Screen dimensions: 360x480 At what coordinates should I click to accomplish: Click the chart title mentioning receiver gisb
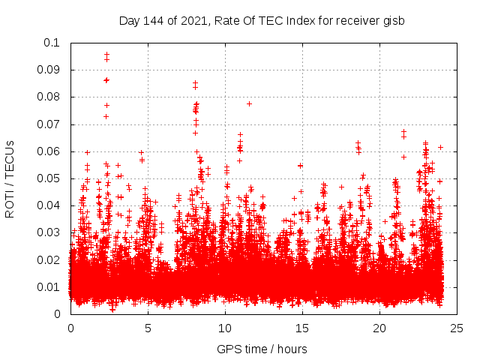262,20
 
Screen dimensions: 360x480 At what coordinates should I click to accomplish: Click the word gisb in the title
392,20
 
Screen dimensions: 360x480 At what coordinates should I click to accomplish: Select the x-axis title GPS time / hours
262,349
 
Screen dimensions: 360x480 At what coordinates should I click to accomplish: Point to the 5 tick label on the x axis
148,328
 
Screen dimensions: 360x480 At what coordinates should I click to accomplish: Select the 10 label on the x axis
225,328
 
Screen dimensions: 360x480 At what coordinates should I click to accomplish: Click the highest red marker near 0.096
106,54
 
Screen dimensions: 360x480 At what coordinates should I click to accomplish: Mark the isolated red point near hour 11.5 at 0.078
249,103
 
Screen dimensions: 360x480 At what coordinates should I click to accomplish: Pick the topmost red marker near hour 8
195,82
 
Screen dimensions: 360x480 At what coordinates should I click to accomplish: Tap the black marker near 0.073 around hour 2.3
106,116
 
